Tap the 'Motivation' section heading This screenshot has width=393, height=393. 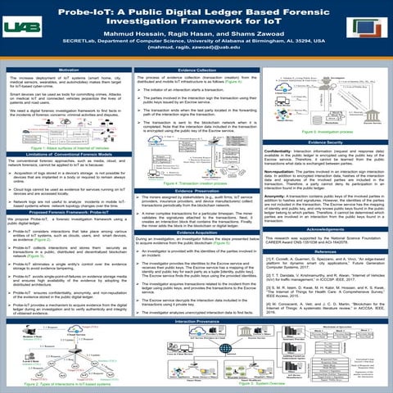point(68,72)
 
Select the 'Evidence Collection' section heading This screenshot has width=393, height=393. point(197,72)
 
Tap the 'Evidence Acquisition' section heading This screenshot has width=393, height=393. point(197,209)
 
